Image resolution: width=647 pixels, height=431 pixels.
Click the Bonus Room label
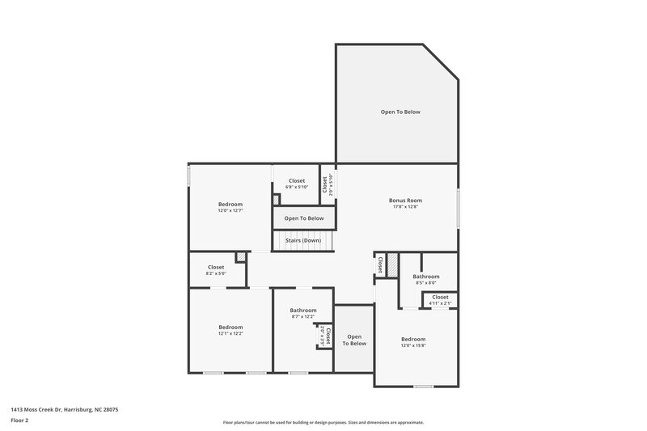405,200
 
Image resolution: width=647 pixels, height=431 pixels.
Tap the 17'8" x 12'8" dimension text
405,207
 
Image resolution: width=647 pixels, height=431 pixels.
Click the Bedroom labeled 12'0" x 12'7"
230,205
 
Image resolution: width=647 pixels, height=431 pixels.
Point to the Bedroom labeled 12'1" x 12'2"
230,327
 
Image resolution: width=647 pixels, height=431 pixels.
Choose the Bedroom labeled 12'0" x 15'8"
412,339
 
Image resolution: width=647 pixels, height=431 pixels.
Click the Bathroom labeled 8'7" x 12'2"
303,310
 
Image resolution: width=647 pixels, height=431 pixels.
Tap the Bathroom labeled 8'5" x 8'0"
425,277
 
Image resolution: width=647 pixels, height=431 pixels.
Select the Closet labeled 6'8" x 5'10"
297,180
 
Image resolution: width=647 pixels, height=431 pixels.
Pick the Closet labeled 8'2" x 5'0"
216,267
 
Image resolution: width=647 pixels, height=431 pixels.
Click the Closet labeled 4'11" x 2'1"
440,298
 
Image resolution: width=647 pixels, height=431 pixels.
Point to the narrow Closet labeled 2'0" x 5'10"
324,186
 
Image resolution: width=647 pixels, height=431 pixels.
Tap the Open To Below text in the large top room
400,112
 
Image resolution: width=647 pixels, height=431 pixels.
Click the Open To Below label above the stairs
303,218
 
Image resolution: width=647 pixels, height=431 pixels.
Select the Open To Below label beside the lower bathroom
354,340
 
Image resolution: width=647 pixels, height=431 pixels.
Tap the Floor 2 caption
20,421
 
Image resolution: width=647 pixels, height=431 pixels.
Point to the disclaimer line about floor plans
323,422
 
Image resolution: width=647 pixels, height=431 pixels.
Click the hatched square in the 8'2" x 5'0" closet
240,258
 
